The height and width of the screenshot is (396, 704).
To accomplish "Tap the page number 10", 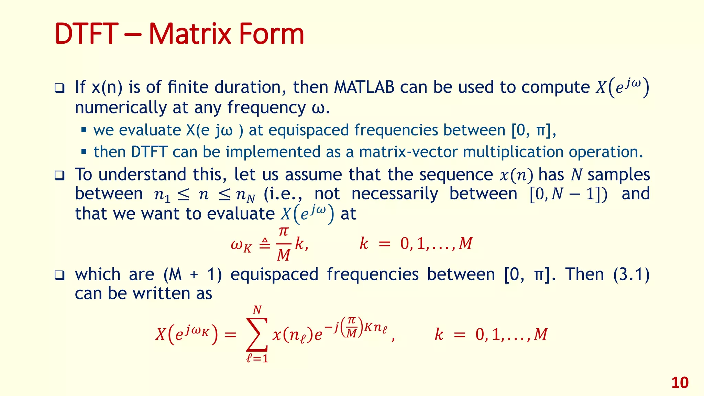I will [x=680, y=383].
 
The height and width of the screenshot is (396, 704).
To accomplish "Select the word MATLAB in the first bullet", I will [x=364, y=87].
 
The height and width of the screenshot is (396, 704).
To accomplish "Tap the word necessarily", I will [x=395, y=194].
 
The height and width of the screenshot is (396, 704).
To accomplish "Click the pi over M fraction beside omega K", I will [x=283, y=244].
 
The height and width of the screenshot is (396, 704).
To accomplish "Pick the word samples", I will [x=618, y=174].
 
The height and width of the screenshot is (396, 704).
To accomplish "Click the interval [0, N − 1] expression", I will [x=568, y=194].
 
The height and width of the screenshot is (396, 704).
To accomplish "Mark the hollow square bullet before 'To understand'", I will [x=59, y=175].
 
